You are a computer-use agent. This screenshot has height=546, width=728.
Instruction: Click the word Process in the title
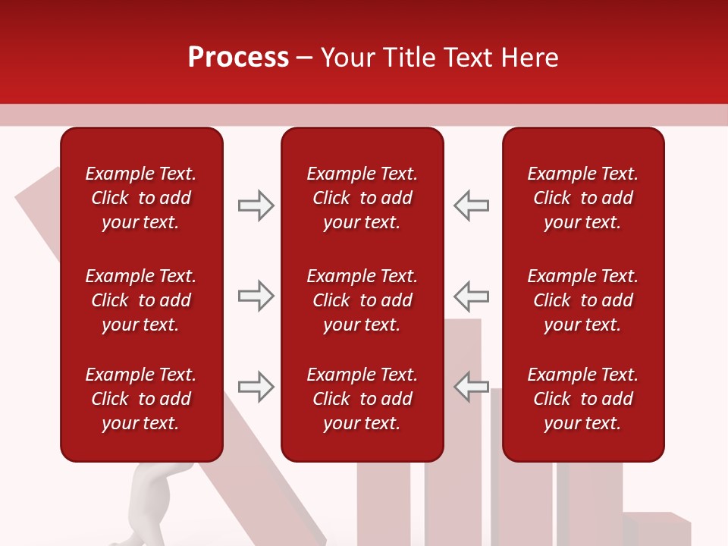tap(238, 58)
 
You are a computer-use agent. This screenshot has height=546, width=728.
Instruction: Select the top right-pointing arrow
tap(256, 206)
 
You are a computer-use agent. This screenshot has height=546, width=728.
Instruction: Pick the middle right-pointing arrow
tap(256, 296)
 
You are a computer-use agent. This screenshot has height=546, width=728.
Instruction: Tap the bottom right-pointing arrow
tap(256, 387)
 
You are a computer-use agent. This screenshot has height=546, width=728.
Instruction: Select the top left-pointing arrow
tap(471, 206)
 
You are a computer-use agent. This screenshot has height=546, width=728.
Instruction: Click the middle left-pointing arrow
tap(471, 296)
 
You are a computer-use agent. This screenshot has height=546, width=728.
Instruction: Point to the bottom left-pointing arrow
tap(471, 387)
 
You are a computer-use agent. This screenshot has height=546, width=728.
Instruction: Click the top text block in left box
tap(141, 198)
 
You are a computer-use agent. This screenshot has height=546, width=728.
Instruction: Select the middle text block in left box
tap(141, 300)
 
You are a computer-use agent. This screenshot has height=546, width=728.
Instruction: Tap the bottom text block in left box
tap(141, 399)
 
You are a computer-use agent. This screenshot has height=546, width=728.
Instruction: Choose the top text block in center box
tap(362, 198)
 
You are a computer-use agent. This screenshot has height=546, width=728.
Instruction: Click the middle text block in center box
tap(362, 300)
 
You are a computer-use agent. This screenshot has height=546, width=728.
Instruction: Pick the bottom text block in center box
tap(362, 399)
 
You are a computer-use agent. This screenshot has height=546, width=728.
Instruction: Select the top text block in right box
tap(582, 198)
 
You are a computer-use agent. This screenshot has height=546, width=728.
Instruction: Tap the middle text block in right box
tap(582, 300)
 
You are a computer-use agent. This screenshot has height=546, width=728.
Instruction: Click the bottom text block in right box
tap(582, 399)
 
